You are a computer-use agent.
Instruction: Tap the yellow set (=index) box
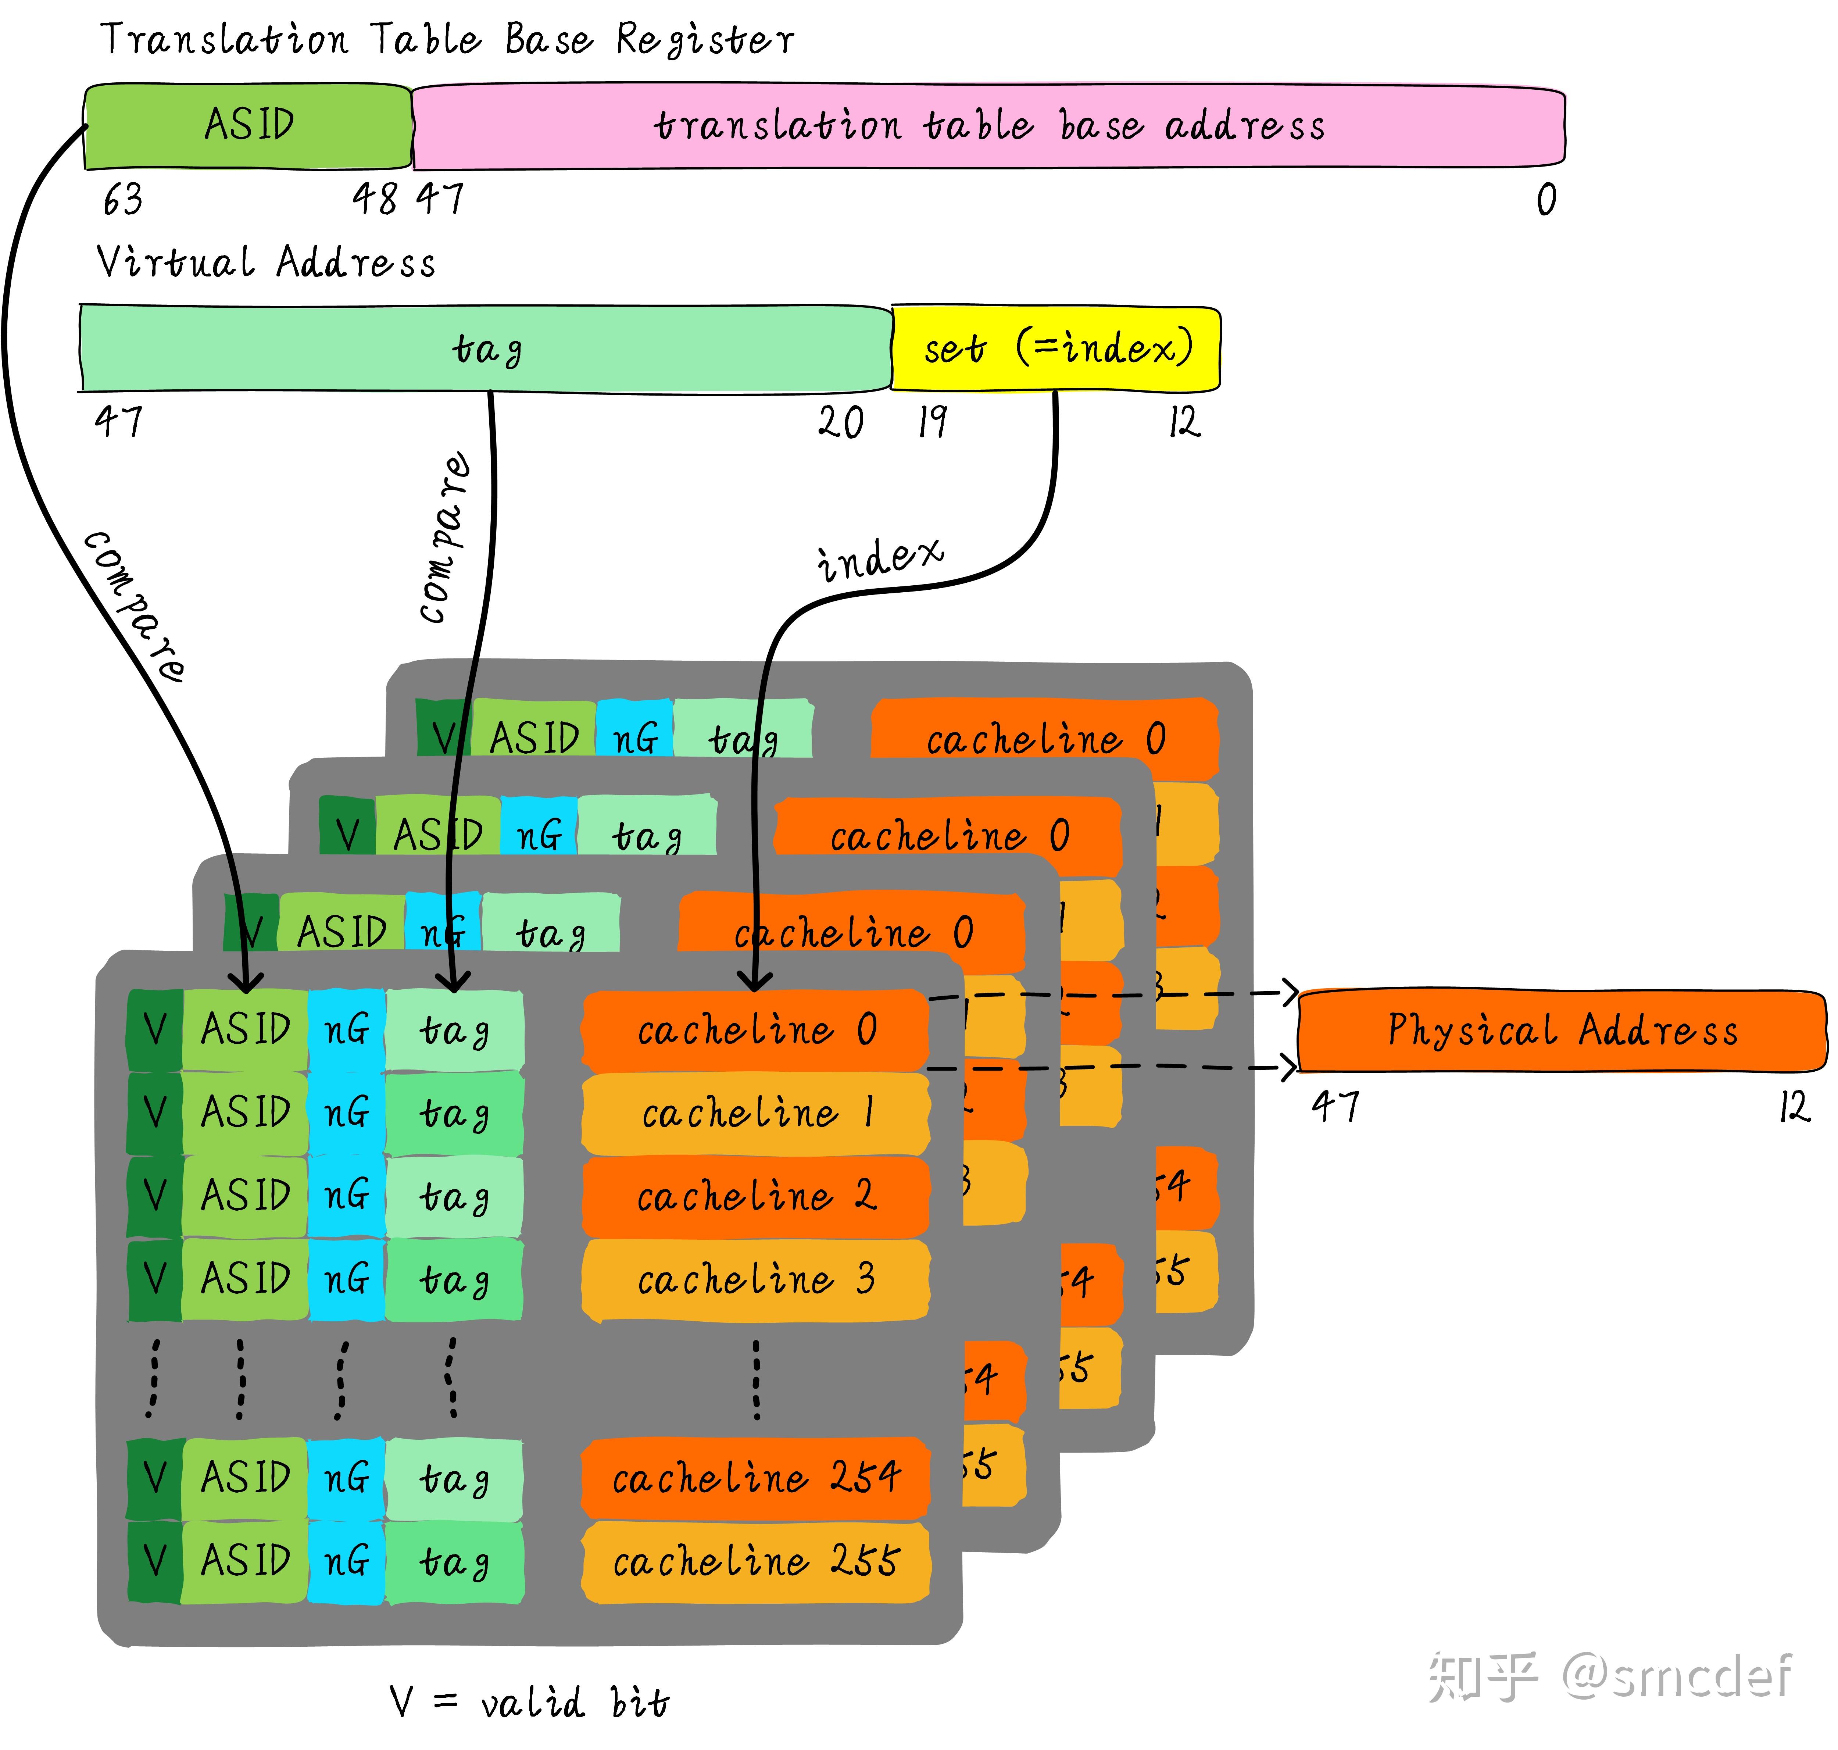tap(1056, 348)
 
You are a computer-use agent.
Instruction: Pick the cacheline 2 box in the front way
tap(755, 1196)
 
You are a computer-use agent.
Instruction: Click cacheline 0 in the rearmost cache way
tap(1044, 739)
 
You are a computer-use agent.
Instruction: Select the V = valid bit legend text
tap(529, 1703)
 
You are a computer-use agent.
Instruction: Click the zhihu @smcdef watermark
tap(1609, 1676)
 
